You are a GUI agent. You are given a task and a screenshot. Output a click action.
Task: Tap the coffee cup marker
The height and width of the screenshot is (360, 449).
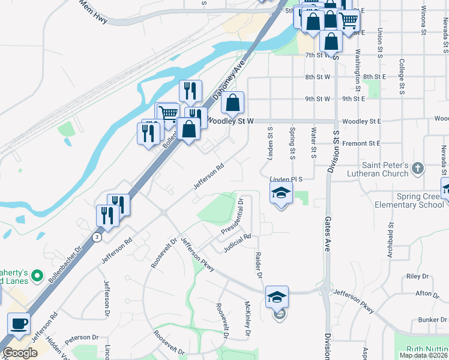(19, 325)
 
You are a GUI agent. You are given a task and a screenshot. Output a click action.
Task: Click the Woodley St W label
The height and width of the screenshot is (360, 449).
(231, 121)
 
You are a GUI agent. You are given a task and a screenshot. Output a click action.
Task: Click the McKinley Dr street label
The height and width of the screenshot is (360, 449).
(247, 318)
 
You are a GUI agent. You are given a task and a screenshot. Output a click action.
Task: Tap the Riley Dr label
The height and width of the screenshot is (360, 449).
(417, 277)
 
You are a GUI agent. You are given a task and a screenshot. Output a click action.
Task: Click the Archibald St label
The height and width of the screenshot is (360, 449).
(391, 238)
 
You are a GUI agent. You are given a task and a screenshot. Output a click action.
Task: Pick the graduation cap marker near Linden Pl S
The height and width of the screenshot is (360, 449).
(280, 194)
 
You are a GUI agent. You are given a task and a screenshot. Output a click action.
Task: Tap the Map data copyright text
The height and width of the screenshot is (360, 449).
(423, 355)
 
